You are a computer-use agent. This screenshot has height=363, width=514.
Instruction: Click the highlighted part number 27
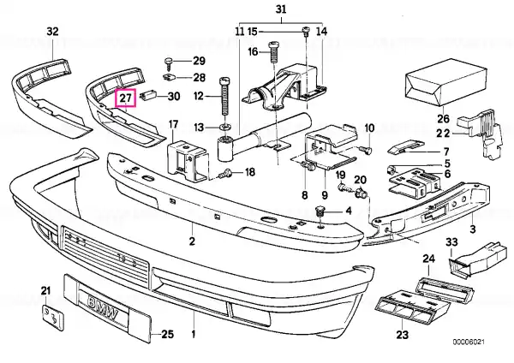pyautogui.click(x=125, y=98)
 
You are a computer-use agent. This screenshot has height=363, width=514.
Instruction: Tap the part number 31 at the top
pyautogui.click(x=281, y=9)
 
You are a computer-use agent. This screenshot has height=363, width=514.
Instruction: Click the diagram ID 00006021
pyautogui.click(x=469, y=342)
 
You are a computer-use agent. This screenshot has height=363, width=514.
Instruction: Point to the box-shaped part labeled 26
pyautogui.click(x=445, y=83)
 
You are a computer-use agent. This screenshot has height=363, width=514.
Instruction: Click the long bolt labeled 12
pyautogui.click(x=224, y=96)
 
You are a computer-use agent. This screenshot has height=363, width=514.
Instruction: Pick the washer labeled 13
pyautogui.click(x=224, y=127)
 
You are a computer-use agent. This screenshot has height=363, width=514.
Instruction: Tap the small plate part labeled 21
pyautogui.click(x=53, y=318)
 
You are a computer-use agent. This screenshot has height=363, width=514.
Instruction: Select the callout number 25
pyautogui.click(x=167, y=334)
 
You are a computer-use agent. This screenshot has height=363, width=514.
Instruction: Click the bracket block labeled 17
pyautogui.click(x=188, y=162)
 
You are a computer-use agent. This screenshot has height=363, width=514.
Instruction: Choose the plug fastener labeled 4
pyautogui.click(x=319, y=211)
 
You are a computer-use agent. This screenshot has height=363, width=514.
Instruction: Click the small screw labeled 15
pyautogui.click(x=306, y=31)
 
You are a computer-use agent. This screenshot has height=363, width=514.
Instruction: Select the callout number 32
pyautogui.click(x=52, y=32)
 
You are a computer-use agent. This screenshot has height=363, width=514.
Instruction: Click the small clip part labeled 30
pyautogui.click(x=148, y=96)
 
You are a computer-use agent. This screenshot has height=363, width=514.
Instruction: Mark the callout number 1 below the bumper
pyautogui.click(x=194, y=335)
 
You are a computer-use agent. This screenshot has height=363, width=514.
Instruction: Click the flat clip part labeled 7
pyautogui.click(x=405, y=146)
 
